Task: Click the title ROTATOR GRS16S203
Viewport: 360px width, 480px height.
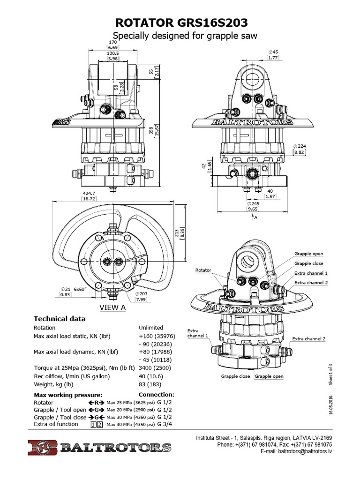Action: (181, 23)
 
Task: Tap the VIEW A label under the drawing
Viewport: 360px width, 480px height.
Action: (113, 307)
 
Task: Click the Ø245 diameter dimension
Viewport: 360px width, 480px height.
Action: (254, 204)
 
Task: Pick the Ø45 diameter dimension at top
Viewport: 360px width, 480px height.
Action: (274, 52)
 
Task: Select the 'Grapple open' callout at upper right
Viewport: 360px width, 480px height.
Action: (308, 254)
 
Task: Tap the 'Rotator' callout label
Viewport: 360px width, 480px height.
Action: (203, 270)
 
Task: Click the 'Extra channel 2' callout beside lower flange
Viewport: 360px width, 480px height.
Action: (308, 338)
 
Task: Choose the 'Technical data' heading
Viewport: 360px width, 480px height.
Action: (60, 319)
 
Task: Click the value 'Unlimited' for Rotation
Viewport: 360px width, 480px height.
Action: (151, 328)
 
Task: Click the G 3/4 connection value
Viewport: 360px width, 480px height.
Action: (166, 424)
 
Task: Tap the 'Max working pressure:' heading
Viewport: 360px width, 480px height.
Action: (68, 395)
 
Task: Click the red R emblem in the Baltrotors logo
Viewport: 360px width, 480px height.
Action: (42, 447)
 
